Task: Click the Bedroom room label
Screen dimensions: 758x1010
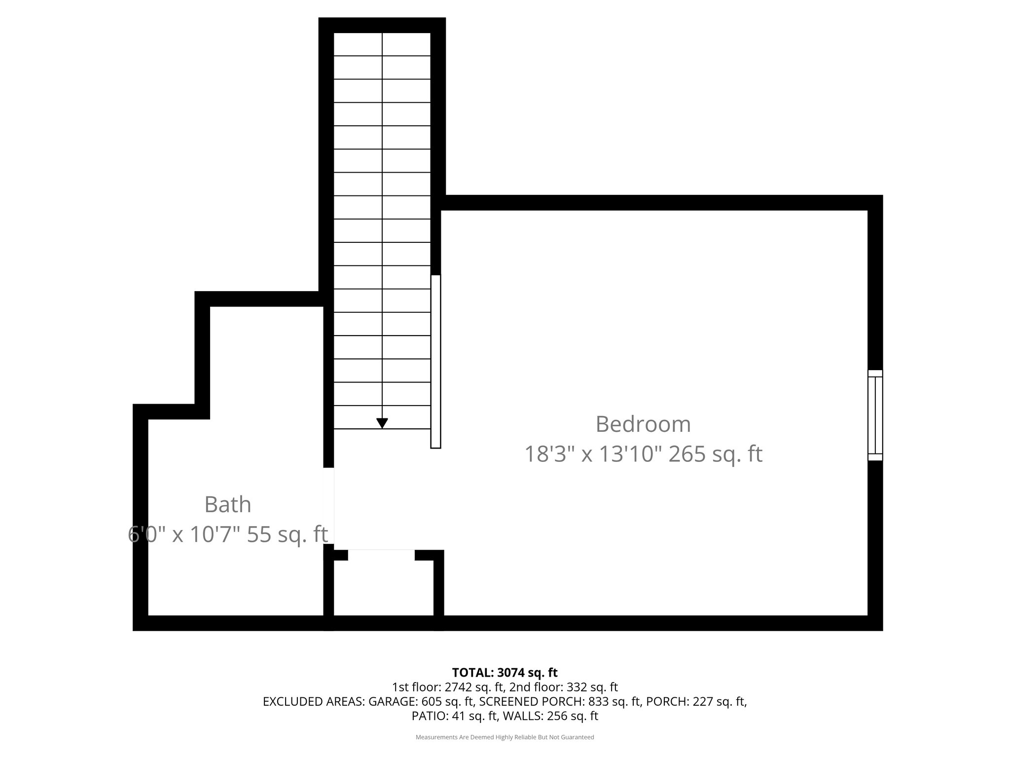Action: coord(643,424)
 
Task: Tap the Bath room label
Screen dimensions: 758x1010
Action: coord(228,504)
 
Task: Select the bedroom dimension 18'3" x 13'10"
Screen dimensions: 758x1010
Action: coord(592,455)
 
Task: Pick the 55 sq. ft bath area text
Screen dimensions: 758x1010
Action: coord(287,534)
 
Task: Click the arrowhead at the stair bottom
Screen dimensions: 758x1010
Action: coord(382,423)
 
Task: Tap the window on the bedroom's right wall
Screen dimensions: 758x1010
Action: coord(875,415)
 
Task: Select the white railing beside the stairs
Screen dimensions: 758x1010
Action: coord(435,361)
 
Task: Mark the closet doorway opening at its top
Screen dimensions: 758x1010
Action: coord(381,555)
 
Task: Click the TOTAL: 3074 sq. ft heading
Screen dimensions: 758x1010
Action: coord(505,672)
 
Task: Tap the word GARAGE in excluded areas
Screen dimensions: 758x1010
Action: coord(391,701)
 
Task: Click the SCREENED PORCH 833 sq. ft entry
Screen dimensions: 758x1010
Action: coord(559,701)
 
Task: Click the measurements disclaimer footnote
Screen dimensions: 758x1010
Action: coord(505,737)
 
